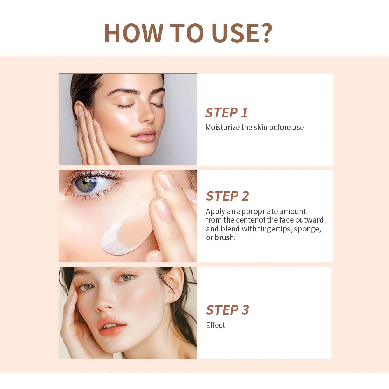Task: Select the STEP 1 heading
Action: [x=226, y=112]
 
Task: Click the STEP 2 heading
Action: [x=227, y=196]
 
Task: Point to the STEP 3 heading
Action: [x=227, y=310]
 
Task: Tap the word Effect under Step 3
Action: [x=216, y=325]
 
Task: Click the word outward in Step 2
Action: [x=309, y=220]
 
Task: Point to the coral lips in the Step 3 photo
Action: [x=112, y=326]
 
